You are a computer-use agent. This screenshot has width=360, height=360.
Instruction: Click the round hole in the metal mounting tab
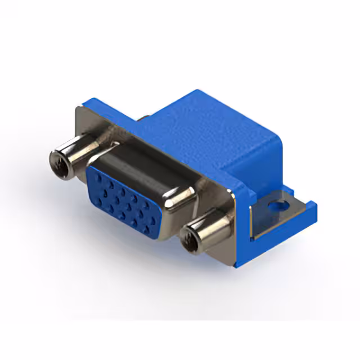click(x=276, y=206)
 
